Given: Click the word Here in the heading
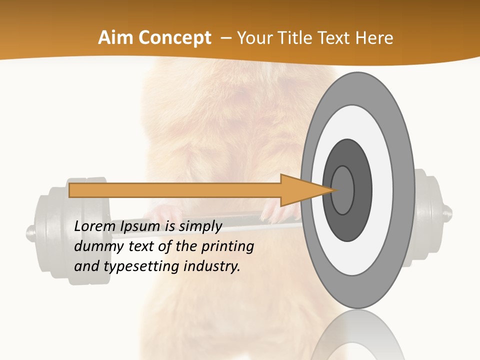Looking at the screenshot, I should tap(374, 38).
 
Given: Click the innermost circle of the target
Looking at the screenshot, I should tap(343, 190).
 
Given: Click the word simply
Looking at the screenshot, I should tap(200, 227).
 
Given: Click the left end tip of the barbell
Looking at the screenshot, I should tap(30, 231).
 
